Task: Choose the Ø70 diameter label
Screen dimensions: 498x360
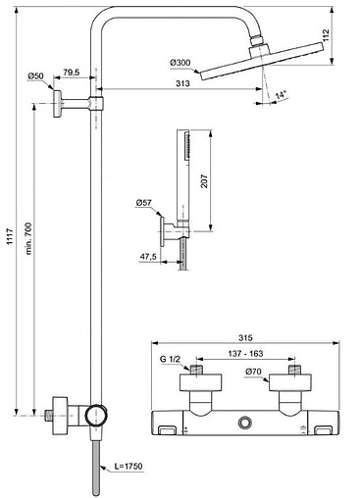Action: [252, 373]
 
